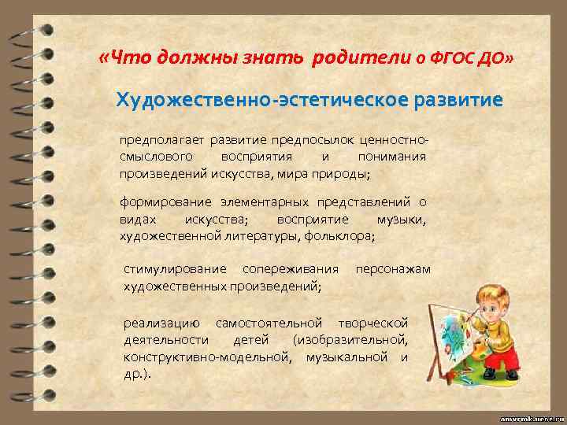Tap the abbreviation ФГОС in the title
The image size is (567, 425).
454,57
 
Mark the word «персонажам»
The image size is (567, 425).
393,269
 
